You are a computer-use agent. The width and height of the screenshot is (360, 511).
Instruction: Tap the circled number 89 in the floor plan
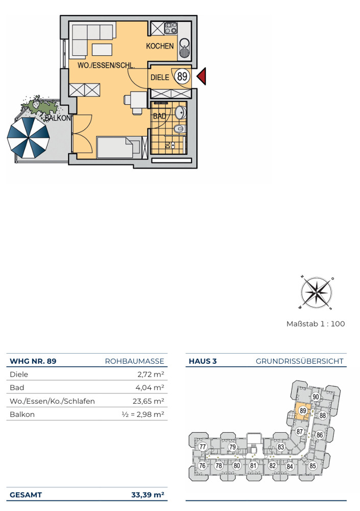point(182,76)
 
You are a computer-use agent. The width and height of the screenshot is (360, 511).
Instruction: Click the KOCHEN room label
point(160,47)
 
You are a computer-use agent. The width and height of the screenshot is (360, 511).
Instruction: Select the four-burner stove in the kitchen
point(171,28)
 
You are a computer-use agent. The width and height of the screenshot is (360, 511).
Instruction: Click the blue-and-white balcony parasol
point(29,138)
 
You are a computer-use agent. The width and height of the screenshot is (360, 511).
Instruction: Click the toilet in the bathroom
point(180,129)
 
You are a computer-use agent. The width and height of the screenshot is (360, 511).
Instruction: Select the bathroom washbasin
point(180,112)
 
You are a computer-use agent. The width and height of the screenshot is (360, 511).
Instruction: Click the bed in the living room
point(119,147)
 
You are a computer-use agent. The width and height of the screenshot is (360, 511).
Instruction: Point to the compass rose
point(317,292)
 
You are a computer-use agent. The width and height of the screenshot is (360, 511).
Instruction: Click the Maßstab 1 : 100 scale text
point(316,323)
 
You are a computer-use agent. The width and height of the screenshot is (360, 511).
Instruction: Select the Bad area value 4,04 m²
point(150,387)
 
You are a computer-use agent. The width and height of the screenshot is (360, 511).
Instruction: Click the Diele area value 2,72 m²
point(151,374)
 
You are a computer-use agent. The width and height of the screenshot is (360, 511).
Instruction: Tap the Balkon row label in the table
point(22,414)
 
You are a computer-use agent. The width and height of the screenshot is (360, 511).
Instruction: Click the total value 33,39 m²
point(148,495)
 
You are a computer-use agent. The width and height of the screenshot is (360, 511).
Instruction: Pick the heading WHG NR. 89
point(33,361)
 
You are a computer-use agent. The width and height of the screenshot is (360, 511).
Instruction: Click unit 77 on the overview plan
point(203,447)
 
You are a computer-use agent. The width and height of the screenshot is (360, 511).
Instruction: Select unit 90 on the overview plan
point(316,397)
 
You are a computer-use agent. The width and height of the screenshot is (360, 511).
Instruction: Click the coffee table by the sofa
point(102,50)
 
